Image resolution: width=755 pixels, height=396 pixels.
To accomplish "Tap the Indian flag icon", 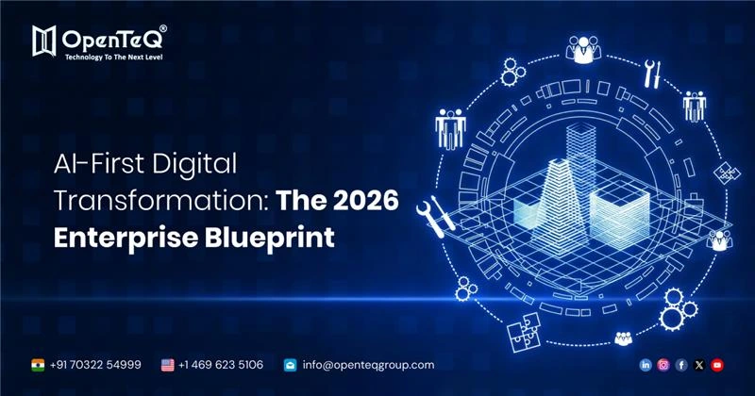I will pos(37,365).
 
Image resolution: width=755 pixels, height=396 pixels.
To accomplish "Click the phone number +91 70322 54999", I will pos(95,365).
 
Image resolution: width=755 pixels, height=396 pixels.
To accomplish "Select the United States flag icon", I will pos(167,365).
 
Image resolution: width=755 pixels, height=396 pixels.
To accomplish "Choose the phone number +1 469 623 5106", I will pos(222,365).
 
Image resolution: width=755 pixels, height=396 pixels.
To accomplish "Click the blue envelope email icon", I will pos(291,365).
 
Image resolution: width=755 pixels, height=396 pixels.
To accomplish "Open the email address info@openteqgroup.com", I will pos(368,365).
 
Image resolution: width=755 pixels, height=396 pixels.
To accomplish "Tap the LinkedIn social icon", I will pos(646,365).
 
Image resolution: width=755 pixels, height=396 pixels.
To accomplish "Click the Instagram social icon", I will pos(663,365).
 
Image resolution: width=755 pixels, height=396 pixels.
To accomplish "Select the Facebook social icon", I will pos(681,365).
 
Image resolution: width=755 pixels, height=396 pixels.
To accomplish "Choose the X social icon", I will pos(699,365).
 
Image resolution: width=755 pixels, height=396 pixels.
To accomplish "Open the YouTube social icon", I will pos(717,365).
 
